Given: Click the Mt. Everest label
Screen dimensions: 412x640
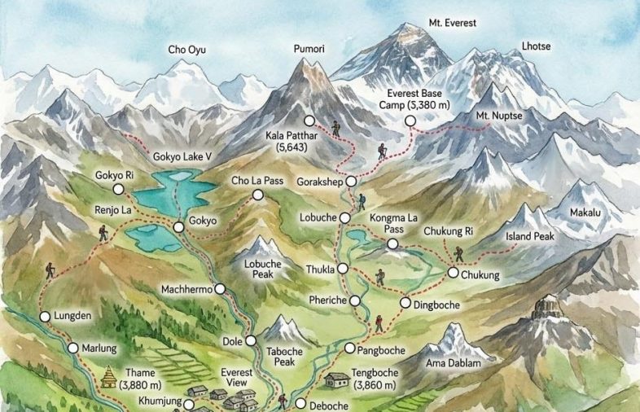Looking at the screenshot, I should point(454,23).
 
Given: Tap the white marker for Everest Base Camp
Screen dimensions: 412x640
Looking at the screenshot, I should point(410,121).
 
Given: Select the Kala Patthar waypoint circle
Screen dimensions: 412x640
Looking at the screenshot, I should point(309,121).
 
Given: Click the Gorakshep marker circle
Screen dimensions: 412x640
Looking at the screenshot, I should point(351,181).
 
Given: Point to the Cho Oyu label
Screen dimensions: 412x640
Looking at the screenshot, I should point(186,50).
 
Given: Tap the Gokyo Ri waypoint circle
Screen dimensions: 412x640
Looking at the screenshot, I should point(119,189).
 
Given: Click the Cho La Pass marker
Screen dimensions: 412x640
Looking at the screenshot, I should point(258,195).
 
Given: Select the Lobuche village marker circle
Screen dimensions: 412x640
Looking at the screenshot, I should point(344,218).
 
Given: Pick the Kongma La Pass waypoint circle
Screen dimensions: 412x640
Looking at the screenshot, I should point(392,244).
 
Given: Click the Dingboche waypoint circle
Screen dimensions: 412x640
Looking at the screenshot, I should point(405,303).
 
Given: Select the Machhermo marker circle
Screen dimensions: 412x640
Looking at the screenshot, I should point(220,288).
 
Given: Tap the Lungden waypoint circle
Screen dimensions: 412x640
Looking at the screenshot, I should point(45,316).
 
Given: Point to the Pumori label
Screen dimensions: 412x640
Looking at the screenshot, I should point(309,50).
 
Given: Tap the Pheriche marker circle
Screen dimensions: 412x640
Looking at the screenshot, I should point(354,300).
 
